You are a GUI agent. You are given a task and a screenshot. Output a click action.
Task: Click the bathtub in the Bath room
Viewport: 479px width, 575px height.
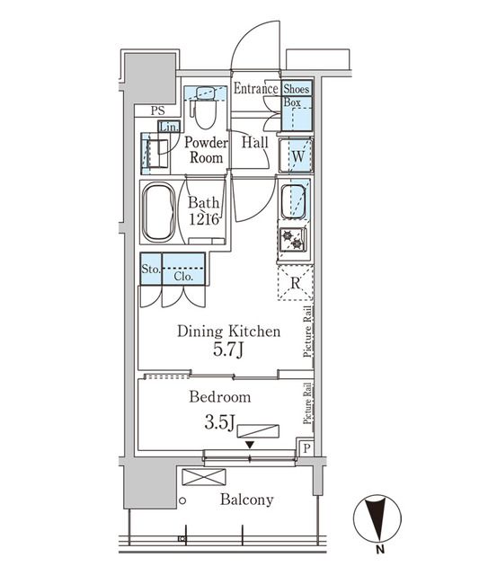pos(158,213)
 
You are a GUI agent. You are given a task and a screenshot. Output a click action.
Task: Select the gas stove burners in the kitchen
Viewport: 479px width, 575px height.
pos(294,239)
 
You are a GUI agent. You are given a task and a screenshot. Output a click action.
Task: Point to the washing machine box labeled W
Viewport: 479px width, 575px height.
pos(295,155)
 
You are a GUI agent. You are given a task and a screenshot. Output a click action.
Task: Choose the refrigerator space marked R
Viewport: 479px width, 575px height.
pos(294,284)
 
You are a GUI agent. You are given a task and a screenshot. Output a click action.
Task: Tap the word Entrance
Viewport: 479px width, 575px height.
pos(255,89)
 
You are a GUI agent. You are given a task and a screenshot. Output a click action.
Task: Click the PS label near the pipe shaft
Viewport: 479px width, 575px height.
pos(158,111)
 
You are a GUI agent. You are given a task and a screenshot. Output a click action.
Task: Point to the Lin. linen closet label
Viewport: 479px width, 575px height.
pos(169,127)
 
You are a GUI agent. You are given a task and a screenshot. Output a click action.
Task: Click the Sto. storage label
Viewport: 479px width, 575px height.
pos(150,268)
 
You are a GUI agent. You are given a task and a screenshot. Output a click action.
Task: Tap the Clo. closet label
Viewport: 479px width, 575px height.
pos(183,276)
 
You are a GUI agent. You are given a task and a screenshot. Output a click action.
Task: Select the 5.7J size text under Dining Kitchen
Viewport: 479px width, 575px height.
pos(228,350)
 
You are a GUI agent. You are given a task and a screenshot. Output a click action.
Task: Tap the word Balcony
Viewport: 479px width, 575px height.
pos(246,500)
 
